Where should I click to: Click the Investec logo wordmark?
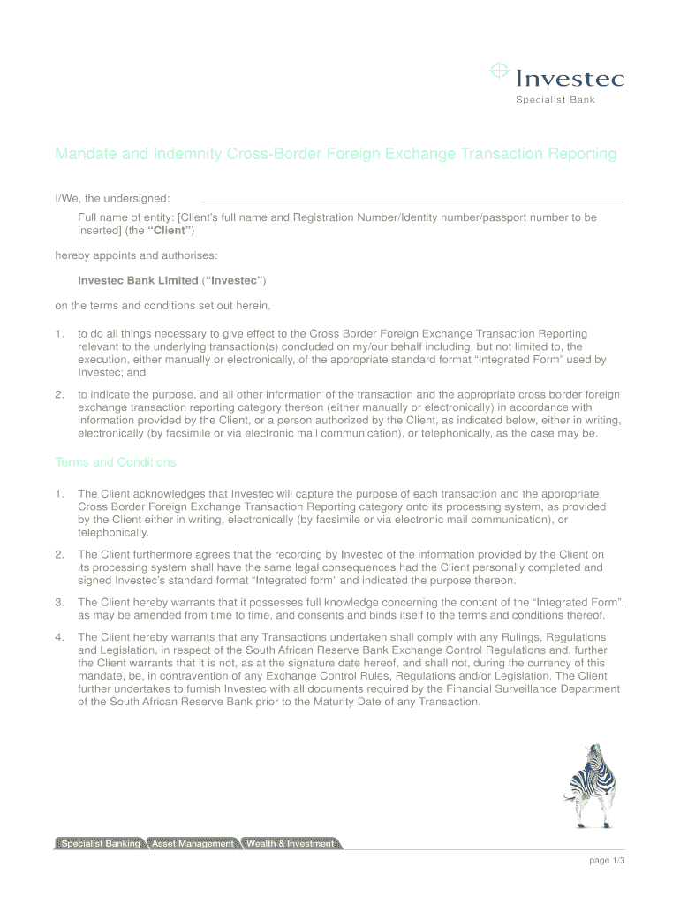point(570,79)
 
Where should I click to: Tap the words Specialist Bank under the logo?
point(555,100)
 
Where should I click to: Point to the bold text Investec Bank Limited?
point(138,280)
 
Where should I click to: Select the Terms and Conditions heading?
point(116,462)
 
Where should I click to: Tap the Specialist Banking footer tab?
point(100,844)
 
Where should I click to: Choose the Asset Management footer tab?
point(193,844)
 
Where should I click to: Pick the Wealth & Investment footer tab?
point(290,844)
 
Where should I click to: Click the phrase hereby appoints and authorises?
point(135,255)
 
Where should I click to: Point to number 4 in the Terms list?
point(59,637)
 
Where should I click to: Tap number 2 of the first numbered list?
point(59,395)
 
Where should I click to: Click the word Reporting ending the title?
point(583,155)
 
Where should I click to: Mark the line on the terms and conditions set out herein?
point(162,307)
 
